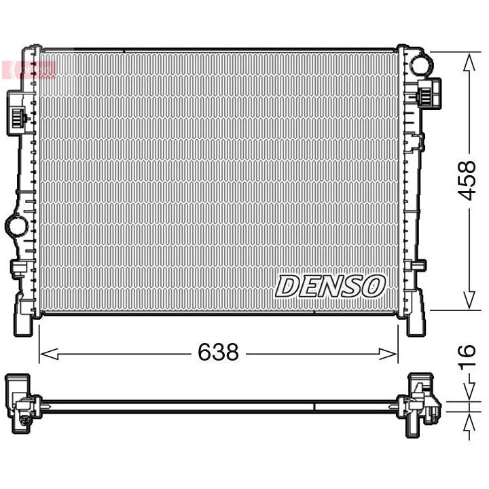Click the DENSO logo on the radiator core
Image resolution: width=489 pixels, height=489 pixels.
(x=330, y=286)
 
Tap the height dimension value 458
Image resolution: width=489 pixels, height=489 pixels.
(x=465, y=181)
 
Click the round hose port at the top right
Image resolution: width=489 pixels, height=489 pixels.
(x=420, y=66)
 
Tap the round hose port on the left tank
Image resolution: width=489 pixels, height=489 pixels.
(x=14, y=225)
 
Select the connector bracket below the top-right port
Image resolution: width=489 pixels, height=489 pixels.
(x=430, y=92)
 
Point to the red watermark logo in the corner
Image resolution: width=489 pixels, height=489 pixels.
(x=31, y=68)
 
